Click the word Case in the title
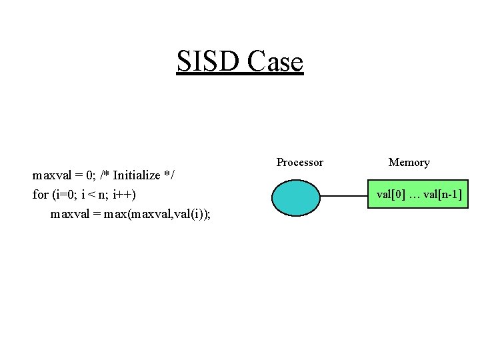pyautogui.click(x=275, y=62)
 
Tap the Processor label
pyautogui.click(x=299, y=162)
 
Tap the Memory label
pyautogui.click(x=409, y=162)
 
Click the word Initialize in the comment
pyautogui.click(x=137, y=175)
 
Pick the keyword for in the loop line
pyautogui.click(x=40, y=195)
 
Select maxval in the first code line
pyautogui.click(x=53, y=175)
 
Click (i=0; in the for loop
pyautogui.click(x=65, y=195)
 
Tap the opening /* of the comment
pyautogui.click(x=105, y=175)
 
